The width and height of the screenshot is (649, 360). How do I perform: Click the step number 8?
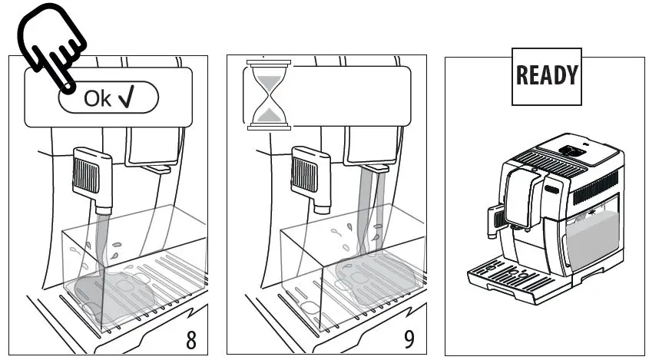coord(190,339)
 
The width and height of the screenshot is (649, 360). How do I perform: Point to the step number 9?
coord(409,339)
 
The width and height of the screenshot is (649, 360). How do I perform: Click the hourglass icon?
coord(267,94)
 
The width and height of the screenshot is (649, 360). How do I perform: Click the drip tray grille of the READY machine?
coord(507,272)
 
